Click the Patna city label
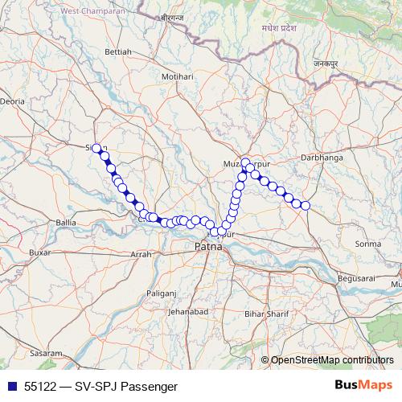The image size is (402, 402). point(208,248)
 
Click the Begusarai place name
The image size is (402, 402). point(358,277)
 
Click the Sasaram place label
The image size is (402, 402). point(46,354)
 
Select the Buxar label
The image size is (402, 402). point(39,252)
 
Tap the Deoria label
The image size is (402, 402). point(13,102)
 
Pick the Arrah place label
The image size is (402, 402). point(140,254)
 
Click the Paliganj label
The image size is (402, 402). point(160,294)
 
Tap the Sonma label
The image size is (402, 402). point(367,243)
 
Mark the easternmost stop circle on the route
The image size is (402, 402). point(306,206)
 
